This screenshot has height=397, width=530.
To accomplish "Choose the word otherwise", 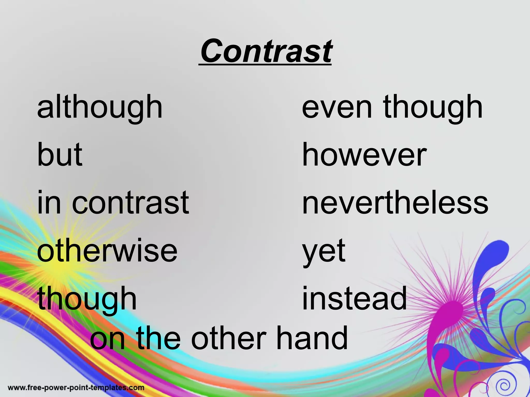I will click(107, 250).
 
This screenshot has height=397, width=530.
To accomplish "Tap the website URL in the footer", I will click(76, 388).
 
